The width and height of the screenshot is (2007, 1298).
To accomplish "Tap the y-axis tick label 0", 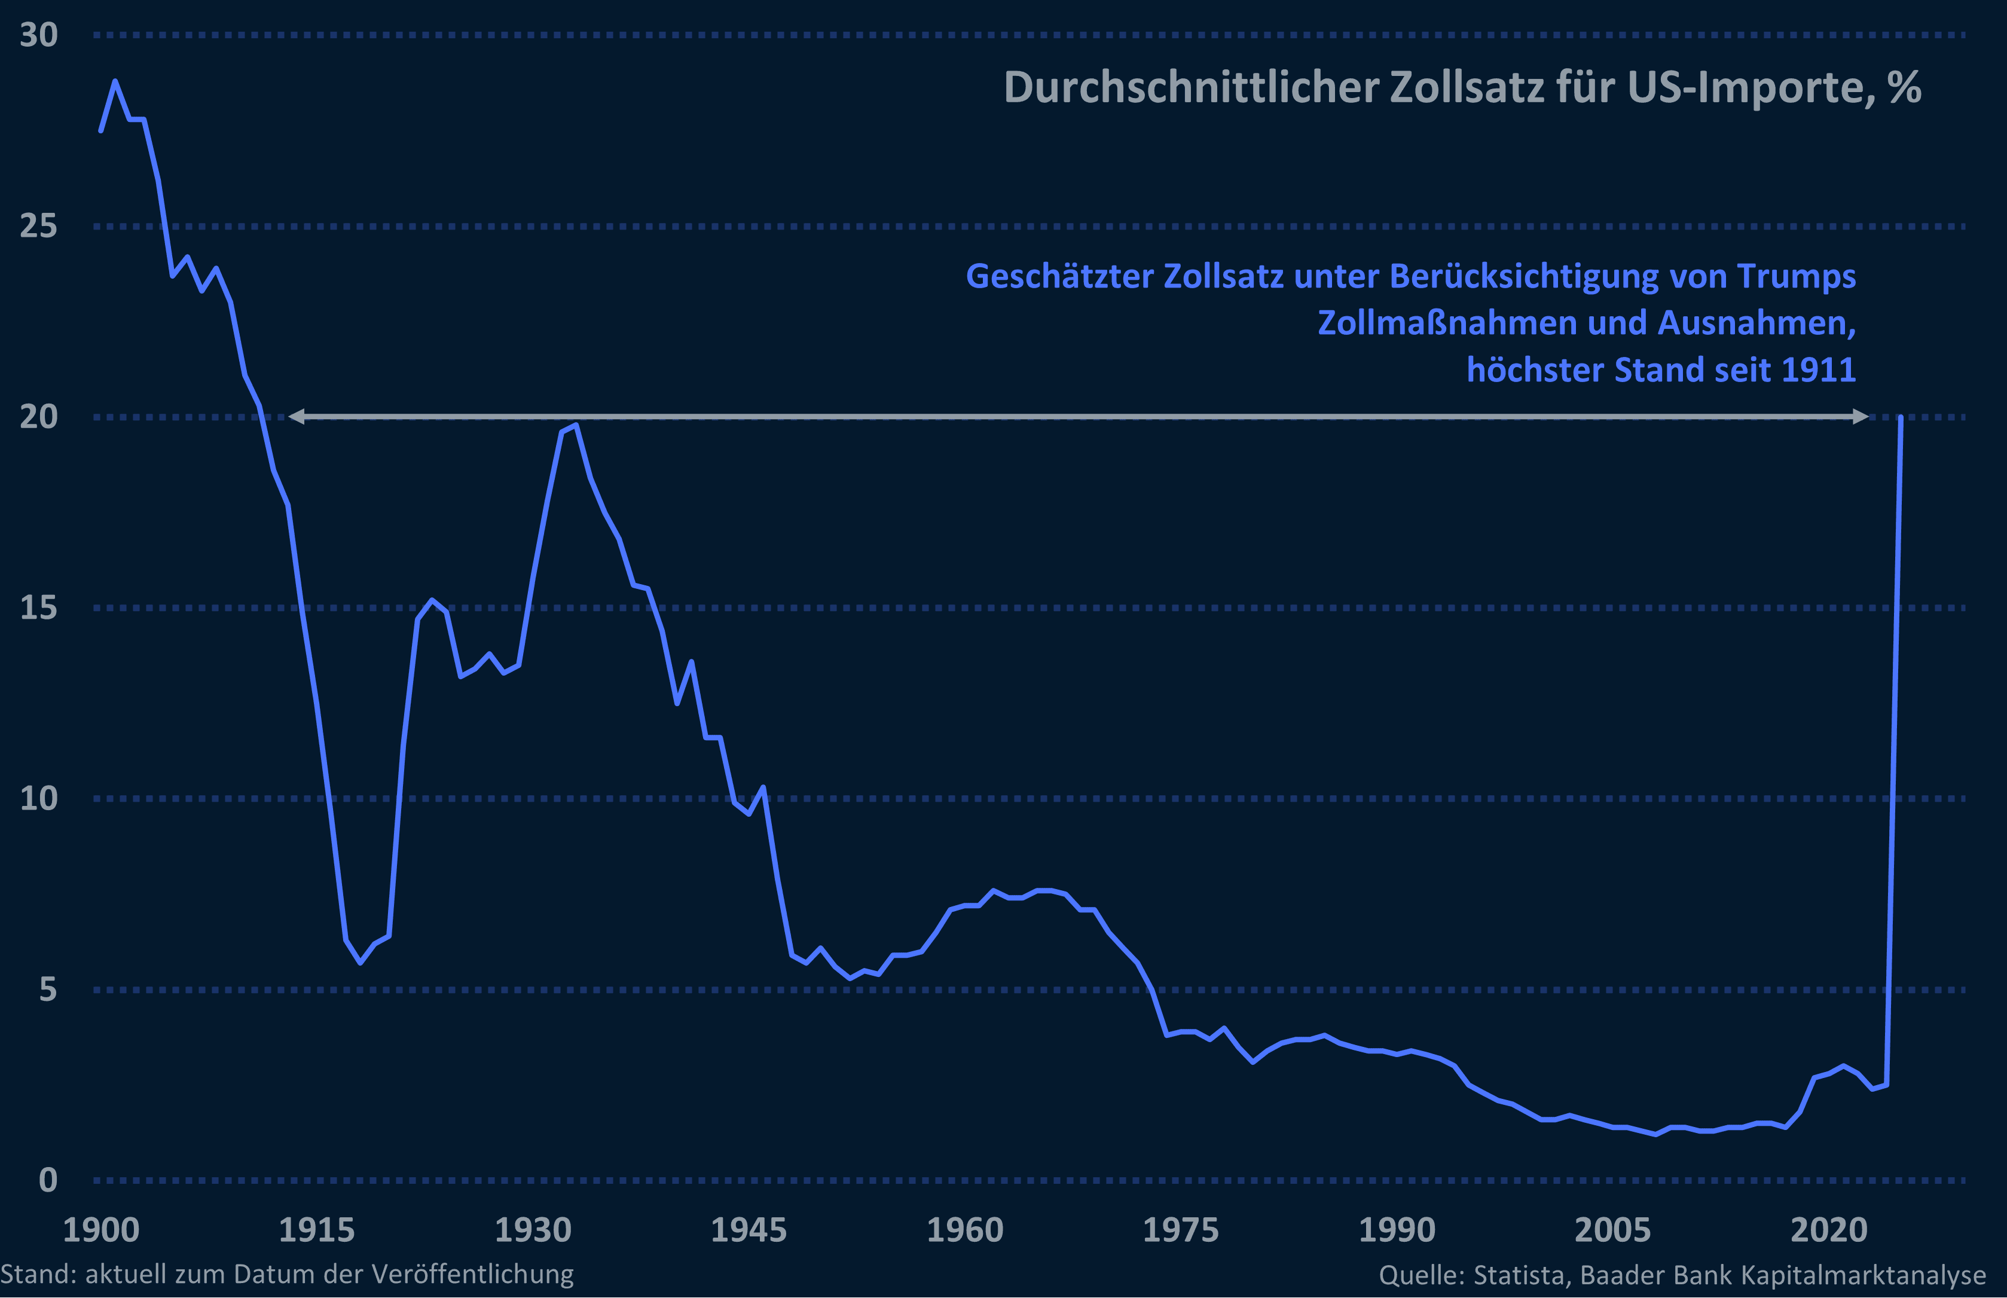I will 48,1180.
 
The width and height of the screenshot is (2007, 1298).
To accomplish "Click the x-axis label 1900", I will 101,1230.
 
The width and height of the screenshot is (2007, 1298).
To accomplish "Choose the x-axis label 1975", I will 1180,1230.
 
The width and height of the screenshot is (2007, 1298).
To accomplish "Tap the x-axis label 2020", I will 1828,1230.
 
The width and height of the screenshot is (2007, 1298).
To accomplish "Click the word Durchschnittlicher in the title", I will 1190,88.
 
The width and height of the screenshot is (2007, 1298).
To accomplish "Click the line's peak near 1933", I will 576,426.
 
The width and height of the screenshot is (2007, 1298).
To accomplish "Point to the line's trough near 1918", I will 361,963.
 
